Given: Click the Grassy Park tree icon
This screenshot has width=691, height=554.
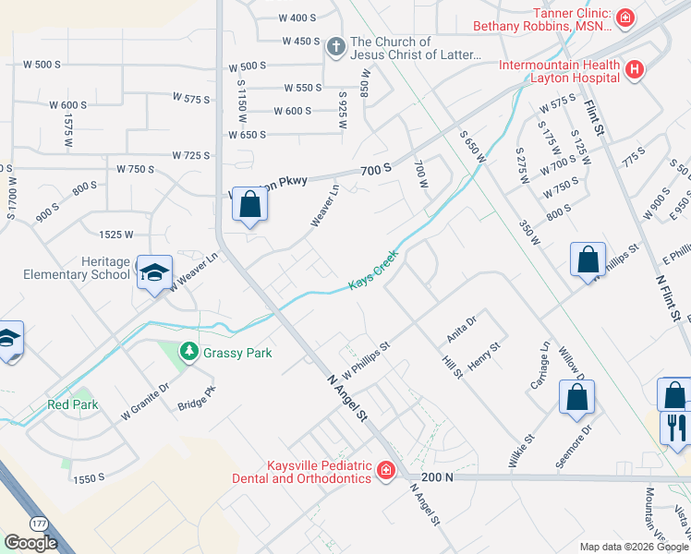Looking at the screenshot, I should coord(188,352).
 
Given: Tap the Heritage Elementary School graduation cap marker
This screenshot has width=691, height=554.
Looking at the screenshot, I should coord(155,271).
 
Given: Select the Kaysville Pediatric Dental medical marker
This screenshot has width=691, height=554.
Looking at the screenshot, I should coord(385,472).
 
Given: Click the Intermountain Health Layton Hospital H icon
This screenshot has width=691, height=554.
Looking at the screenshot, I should coord(634,69).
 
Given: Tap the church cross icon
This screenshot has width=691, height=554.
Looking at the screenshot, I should coord(336,43).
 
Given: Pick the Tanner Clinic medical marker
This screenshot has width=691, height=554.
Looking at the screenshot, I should coord(625,18).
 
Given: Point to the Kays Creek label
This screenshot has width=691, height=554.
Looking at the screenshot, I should coord(373,270).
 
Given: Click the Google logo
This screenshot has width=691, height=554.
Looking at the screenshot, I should coord(30,543).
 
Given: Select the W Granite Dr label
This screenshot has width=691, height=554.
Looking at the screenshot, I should coord(145,404).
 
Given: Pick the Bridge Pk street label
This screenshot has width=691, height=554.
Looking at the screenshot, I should coord(196,398).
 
